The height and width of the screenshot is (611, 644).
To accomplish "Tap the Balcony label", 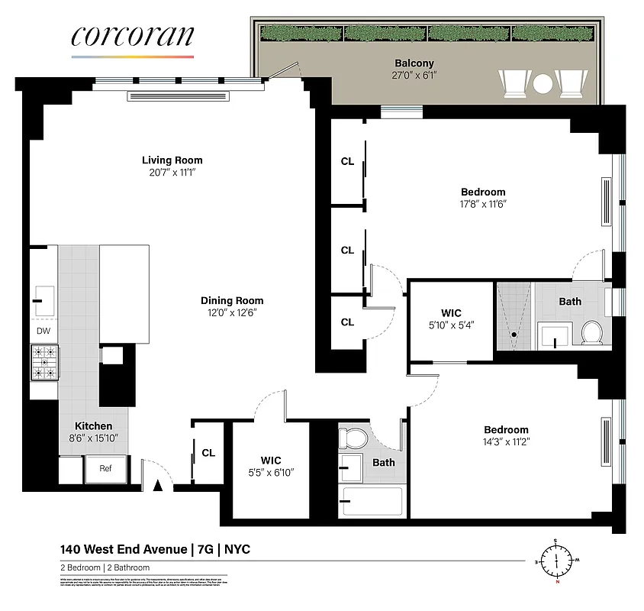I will pos(414,63).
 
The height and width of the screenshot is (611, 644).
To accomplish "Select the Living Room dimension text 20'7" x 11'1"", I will pos(172,173).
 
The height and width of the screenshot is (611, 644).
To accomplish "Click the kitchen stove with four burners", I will pos(43,363).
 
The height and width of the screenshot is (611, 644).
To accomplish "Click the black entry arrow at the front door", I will pos(159,483).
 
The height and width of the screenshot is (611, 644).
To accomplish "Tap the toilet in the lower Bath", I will pos(352,438).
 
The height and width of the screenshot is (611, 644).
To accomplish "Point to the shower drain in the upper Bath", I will pos(515,335).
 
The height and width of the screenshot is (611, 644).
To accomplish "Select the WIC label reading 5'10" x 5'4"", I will pos(451,318).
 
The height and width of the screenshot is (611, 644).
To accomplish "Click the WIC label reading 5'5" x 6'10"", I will pos(271,466).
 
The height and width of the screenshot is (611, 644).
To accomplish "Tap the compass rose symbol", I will pos(557,562).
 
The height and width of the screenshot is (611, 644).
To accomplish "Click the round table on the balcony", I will pos(542,82).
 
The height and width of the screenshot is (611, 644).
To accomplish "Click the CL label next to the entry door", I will pos(208,453).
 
